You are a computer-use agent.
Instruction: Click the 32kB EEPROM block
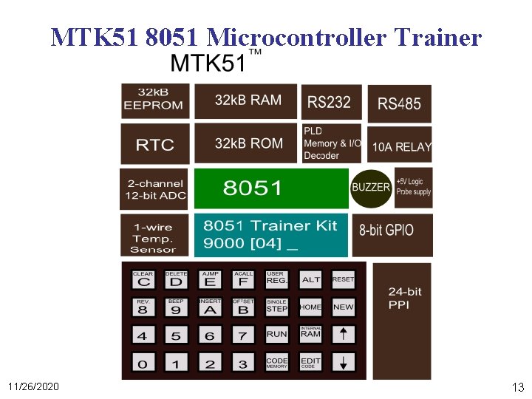click(155, 100)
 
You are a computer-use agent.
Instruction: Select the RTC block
click(155, 144)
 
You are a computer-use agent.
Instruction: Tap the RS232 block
click(330, 102)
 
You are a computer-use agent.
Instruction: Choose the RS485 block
click(400, 103)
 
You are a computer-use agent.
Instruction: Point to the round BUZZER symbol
click(371, 187)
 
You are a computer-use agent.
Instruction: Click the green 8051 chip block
click(270, 188)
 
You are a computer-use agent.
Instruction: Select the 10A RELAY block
click(400, 146)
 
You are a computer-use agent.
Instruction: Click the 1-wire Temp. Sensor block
click(154, 235)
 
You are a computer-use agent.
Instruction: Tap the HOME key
click(310, 307)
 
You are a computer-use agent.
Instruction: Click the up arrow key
click(344, 334)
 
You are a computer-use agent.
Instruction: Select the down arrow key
click(344, 362)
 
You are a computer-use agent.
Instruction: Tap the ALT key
click(311, 279)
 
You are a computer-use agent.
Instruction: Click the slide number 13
click(517, 387)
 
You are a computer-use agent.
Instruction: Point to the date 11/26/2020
click(34, 387)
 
